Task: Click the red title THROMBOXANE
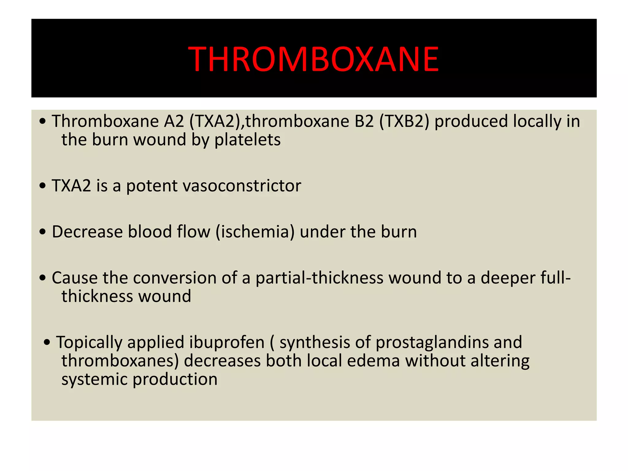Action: [x=314, y=59]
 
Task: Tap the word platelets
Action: [x=247, y=140]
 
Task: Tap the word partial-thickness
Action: [x=319, y=278]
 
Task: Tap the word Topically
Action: [x=89, y=343]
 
